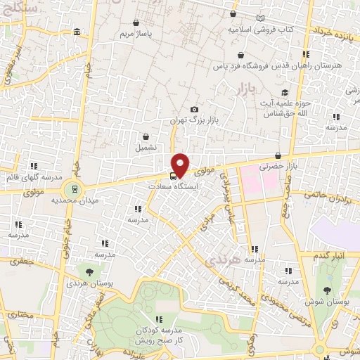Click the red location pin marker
coord(181,164)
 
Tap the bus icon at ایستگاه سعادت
coord(173,176)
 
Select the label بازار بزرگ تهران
coord(195,121)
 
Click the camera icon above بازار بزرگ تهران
coord(195,110)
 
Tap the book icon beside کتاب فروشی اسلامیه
coord(262,18)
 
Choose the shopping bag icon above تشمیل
coord(146,137)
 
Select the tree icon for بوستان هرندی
coord(89,271)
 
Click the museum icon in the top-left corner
coord(77,32)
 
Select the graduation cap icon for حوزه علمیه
coord(285,92)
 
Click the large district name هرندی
coord(221,261)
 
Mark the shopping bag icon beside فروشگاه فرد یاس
coord(241,54)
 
